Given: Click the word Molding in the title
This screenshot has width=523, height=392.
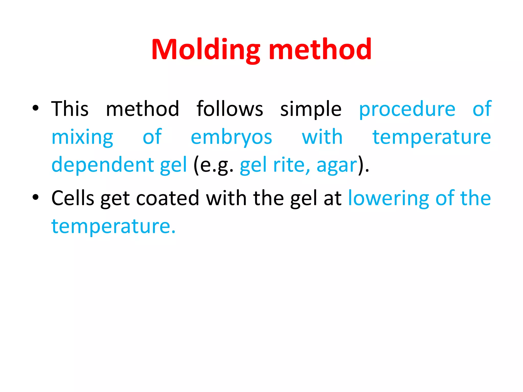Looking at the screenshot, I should tap(206, 50).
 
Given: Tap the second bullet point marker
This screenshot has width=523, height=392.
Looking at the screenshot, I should tap(35, 197).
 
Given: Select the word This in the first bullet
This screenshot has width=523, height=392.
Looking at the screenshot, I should tap(70, 109).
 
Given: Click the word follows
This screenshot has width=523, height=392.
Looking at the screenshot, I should tap(230, 109).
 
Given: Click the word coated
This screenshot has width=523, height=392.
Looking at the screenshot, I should tap(168, 198).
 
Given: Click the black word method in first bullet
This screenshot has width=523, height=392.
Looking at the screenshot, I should tap(142, 109).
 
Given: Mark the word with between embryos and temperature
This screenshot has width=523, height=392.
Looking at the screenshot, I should tap(322, 137).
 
